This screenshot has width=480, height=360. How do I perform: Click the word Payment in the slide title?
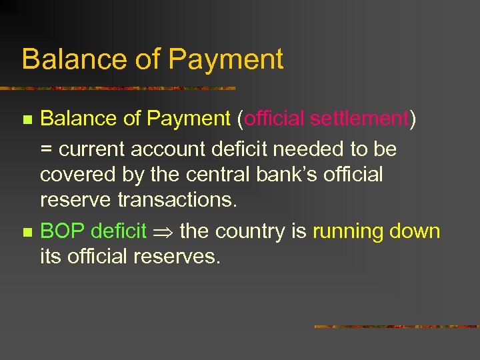226,59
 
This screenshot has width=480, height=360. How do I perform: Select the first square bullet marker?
27,121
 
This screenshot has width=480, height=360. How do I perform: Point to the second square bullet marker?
27,233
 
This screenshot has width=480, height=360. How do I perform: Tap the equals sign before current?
47,150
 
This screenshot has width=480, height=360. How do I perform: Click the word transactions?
177,200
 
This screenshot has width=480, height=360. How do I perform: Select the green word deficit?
119,231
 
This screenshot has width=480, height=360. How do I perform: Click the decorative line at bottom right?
396,327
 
